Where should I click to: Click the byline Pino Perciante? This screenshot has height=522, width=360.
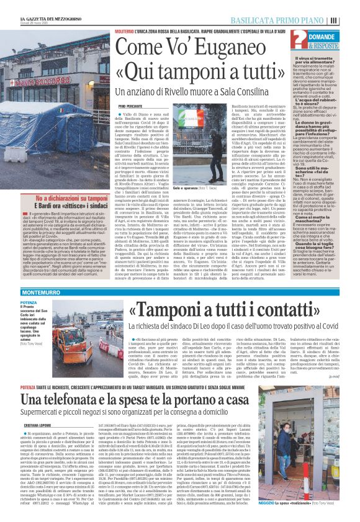(132, 106)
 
